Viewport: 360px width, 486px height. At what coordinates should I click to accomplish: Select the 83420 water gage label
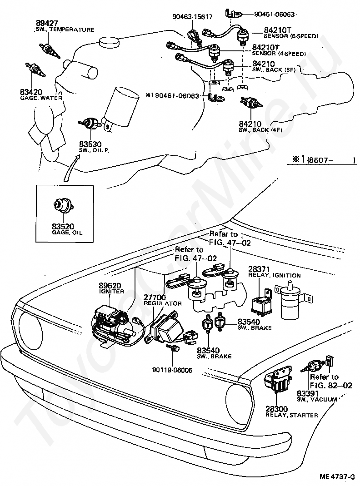click(x=31, y=92)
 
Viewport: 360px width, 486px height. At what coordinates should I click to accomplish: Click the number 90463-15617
click(x=192, y=17)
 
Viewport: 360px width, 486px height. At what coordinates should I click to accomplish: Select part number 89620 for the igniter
click(x=108, y=285)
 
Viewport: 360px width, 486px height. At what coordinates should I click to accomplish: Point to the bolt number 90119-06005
click(x=172, y=370)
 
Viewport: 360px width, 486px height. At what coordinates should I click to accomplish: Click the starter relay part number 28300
click(x=277, y=409)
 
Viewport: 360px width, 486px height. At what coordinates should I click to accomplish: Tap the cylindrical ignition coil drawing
click(x=289, y=304)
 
